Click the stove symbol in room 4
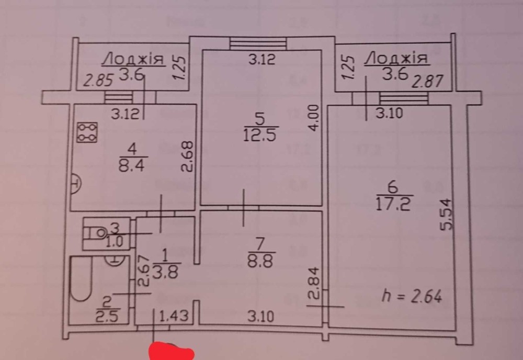pos(87,132)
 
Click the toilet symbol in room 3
pos(97,233)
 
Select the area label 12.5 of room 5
pos(260,135)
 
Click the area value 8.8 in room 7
pos(260,261)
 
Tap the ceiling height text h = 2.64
pos(412,296)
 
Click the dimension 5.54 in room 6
pos(446,215)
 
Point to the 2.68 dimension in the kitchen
pos(187,157)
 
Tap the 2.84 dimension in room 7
pos(316,283)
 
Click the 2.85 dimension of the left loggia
pos(98,81)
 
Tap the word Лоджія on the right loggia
pos(396,59)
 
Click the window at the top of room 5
pos(258,44)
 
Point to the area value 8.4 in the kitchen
pos(132,165)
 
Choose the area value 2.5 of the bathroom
pos(107,316)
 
